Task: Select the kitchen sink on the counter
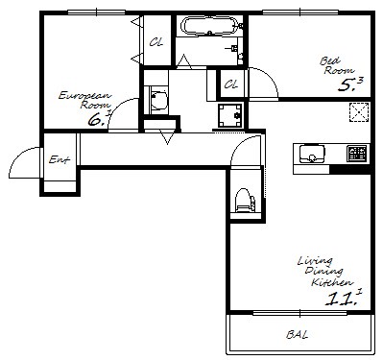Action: click(312, 154)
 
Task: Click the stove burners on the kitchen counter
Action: click(356, 154)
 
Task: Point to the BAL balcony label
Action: click(298, 335)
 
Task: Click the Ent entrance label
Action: click(60, 159)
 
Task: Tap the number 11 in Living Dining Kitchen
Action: click(339, 299)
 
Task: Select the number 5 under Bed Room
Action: click(346, 85)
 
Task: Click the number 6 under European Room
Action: click(95, 120)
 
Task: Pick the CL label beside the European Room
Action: click(156, 41)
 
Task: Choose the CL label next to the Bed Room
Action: click(231, 84)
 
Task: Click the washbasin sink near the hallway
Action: click(158, 100)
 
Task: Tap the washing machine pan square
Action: click(229, 115)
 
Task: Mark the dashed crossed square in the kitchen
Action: click(360, 112)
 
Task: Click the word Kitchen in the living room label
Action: click(332, 282)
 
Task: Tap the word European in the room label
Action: click(84, 96)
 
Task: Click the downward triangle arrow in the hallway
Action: click(167, 137)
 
